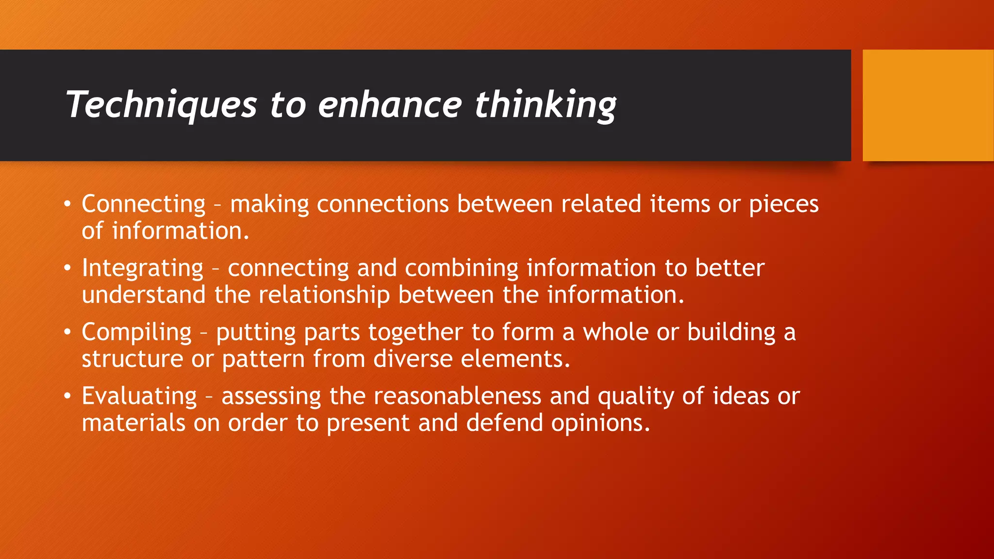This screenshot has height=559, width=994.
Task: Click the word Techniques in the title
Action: pos(161,105)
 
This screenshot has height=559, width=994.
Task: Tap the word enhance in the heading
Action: pos(390,105)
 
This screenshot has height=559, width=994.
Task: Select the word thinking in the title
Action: pos(546,105)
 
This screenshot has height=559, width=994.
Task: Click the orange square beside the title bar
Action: pos(928,105)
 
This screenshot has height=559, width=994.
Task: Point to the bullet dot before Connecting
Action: pos(67,204)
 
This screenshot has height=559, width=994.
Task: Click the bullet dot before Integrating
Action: pos(67,268)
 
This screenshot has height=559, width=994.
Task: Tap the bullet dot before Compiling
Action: pos(67,332)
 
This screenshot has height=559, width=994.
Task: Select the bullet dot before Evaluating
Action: pos(67,396)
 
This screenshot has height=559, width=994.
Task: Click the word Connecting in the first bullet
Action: pos(144,204)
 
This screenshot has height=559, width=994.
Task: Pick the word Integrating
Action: pos(143,268)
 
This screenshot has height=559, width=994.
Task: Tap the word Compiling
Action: pos(137,333)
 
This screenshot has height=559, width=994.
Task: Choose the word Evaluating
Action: pos(139,396)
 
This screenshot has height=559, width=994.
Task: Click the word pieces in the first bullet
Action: pos(784,204)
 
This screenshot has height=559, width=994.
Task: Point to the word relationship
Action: pos(324,295)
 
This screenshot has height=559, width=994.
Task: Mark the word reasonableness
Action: pos(457,396)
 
